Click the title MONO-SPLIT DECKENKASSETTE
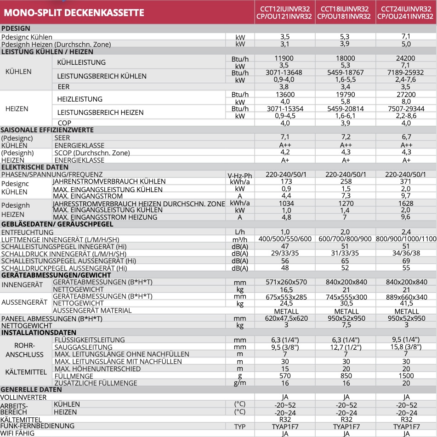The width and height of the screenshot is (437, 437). [x=74, y=12]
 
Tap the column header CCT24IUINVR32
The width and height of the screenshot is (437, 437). [x=406, y=9]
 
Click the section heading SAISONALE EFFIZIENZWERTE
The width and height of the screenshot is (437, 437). [x=47, y=130]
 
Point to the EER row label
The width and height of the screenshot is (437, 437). [x=64, y=86]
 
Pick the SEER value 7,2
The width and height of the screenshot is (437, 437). [x=346, y=137]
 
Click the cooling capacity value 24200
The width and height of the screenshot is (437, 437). [x=406, y=58]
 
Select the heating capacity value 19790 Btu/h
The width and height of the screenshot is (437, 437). [x=346, y=95]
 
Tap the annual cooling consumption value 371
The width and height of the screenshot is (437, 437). [x=406, y=182]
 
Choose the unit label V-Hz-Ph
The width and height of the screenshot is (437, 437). [x=240, y=176]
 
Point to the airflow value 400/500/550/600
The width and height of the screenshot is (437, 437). [x=285, y=239]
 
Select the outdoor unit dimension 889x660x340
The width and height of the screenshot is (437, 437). [x=406, y=297]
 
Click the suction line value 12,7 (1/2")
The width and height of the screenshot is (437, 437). [x=346, y=347]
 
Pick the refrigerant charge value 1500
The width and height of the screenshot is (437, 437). [x=406, y=375]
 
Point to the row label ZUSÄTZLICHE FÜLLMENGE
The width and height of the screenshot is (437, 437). [x=96, y=383]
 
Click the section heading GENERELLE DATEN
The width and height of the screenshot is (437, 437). [x=31, y=390]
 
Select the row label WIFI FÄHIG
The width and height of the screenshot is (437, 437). [x=18, y=433]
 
